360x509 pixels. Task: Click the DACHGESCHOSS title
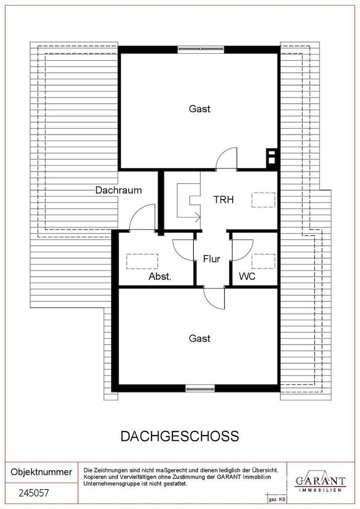coord(180,436)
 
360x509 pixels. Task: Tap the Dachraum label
coord(118,190)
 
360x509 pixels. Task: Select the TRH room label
coord(224,199)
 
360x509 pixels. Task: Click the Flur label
coord(211,259)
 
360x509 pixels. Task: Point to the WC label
coord(247,277)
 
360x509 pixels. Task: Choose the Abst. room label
coord(160,277)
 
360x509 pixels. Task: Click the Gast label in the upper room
coord(200,108)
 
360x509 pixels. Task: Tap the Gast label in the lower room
coord(200,338)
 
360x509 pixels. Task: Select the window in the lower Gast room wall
coord(200,387)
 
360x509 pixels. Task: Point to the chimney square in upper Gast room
coord(271,158)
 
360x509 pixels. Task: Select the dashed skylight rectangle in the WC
coord(263,261)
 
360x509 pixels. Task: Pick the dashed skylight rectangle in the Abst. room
coord(142,261)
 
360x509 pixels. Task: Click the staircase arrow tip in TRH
coord(200,217)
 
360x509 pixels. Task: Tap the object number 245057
coord(34,493)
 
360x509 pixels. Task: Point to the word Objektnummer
coord(41,472)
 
